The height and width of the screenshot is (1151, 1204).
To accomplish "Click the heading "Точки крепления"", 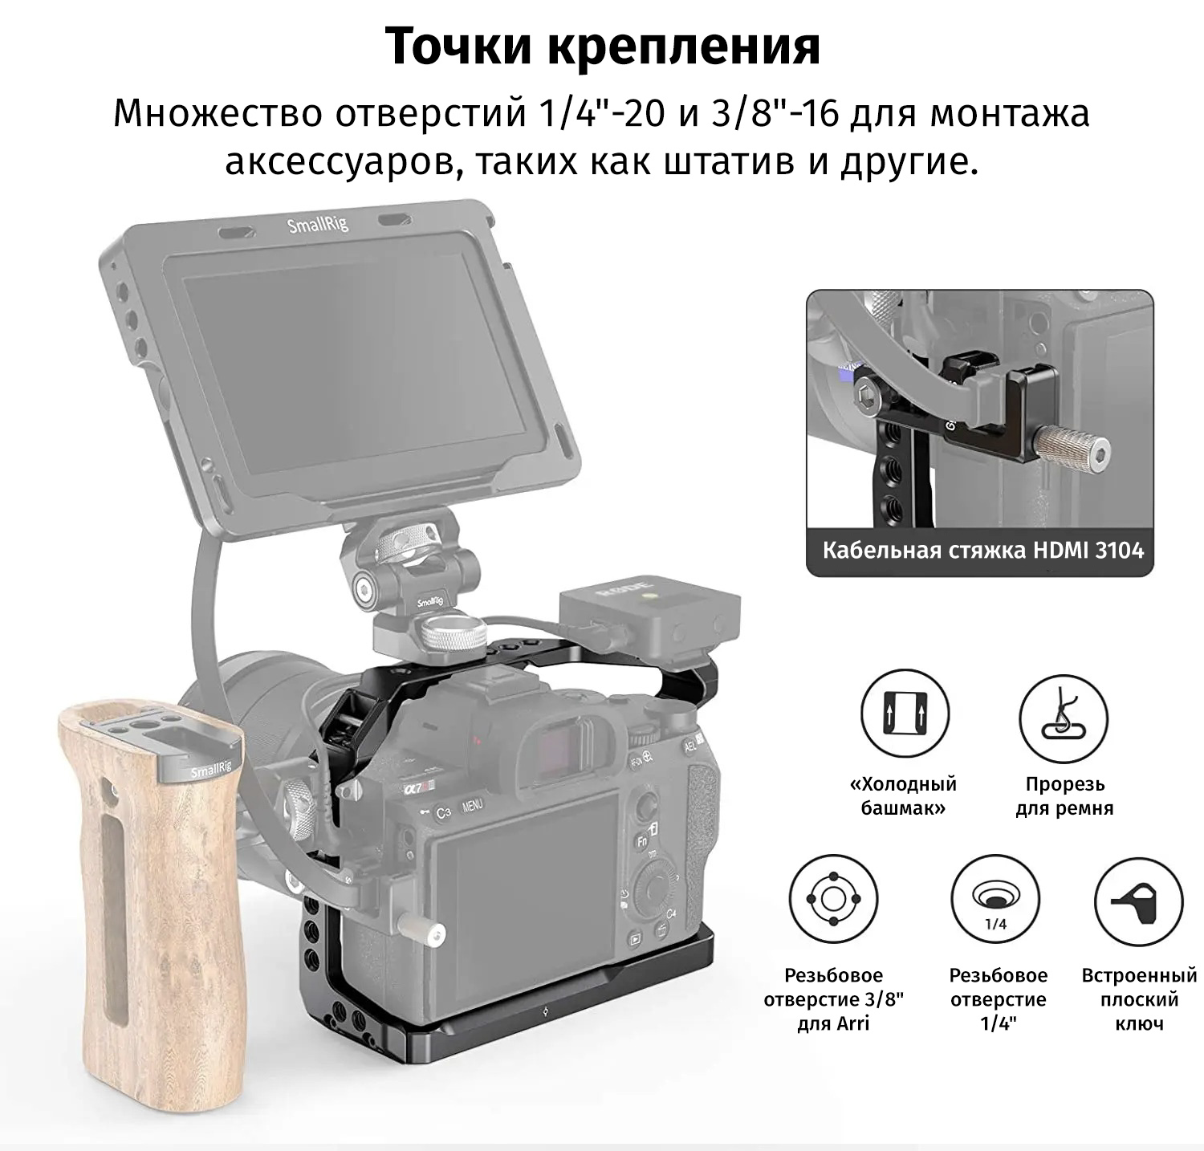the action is click(x=602, y=47).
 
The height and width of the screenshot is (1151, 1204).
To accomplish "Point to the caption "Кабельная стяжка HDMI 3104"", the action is click(x=982, y=551).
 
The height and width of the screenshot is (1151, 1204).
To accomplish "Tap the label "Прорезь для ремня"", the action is click(x=1064, y=795).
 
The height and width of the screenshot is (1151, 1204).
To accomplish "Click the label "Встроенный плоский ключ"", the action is click(x=1139, y=999).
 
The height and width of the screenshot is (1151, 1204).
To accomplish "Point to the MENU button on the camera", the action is click(x=472, y=804).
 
